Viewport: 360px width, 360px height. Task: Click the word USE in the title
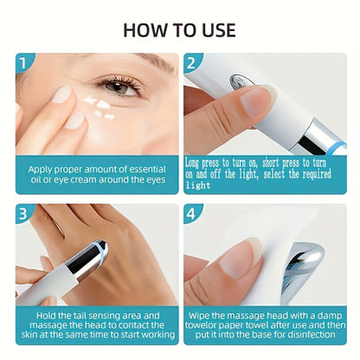tap(219, 30)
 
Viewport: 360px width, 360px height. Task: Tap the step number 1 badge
tap(23, 62)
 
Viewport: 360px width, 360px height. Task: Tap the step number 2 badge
tap(191, 62)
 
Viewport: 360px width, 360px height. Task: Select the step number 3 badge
tap(23, 214)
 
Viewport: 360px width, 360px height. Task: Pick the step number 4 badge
tap(191, 214)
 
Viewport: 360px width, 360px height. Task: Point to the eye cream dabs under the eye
tap(100, 107)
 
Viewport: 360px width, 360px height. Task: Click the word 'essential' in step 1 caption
tap(147, 170)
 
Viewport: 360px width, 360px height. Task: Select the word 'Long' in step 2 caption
tap(192, 163)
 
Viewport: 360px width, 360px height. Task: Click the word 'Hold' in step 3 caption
tap(45, 315)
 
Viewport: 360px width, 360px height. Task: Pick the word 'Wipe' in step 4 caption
tap(199, 315)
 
